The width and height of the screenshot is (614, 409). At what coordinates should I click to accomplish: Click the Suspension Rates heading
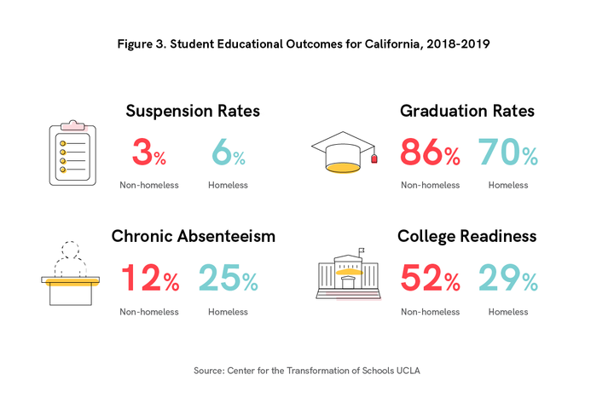(x=193, y=111)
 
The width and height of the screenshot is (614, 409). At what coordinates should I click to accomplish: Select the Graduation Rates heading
(x=467, y=111)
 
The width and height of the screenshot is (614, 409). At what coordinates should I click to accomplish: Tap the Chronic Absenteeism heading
(x=194, y=236)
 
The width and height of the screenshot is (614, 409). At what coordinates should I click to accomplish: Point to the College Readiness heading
(x=467, y=236)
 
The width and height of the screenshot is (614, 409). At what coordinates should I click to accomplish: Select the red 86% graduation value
(x=430, y=154)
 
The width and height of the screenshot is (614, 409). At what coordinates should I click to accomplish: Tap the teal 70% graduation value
(x=507, y=154)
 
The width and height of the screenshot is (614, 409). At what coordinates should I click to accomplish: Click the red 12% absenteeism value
(x=149, y=279)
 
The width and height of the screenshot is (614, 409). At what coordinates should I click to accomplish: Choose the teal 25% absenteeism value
(x=228, y=279)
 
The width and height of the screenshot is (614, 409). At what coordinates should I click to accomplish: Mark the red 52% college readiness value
(x=430, y=279)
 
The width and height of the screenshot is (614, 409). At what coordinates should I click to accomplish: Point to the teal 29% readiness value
(x=507, y=279)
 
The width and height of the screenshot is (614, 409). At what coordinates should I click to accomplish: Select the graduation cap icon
(x=343, y=152)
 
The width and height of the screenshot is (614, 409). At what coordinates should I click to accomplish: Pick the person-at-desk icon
(x=70, y=274)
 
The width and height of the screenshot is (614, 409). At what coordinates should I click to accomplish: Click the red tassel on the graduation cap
(x=374, y=158)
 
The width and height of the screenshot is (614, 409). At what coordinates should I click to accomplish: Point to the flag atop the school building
(x=362, y=251)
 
